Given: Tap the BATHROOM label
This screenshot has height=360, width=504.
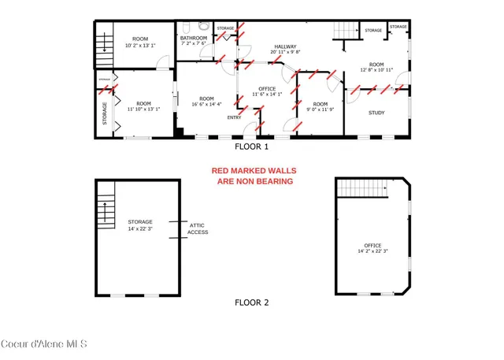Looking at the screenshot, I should pyautogui.click(x=194, y=38).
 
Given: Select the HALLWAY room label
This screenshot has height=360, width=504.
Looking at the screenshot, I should pyautogui.click(x=285, y=47).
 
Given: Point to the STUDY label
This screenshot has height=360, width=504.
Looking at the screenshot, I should pyautogui.click(x=376, y=113).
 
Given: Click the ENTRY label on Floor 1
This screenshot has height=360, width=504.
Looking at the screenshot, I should pyautogui.click(x=235, y=117).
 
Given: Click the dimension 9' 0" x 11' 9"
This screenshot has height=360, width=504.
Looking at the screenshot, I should pyautogui.click(x=319, y=110).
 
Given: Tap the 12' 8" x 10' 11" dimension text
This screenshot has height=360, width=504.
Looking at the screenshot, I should pyautogui.click(x=376, y=70).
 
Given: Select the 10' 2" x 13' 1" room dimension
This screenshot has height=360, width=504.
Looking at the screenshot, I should pyautogui.click(x=140, y=44).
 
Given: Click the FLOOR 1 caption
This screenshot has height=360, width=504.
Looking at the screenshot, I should pyautogui.click(x=252, y=147).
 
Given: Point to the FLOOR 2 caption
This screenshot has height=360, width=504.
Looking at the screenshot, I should pyautogui.click(x=252, y=302).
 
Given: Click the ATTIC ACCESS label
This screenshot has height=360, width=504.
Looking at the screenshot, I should pyautogui.click(x=198, y=228).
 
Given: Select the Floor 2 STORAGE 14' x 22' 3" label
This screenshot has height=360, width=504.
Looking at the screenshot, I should pyautogui.click(x=141, y=225).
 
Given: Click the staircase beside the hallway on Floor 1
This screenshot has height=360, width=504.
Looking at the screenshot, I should pyautogui.click(x=344, y=31).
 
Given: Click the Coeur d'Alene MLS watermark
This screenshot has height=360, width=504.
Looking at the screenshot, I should pyautogui.click(x=43, y=344).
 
